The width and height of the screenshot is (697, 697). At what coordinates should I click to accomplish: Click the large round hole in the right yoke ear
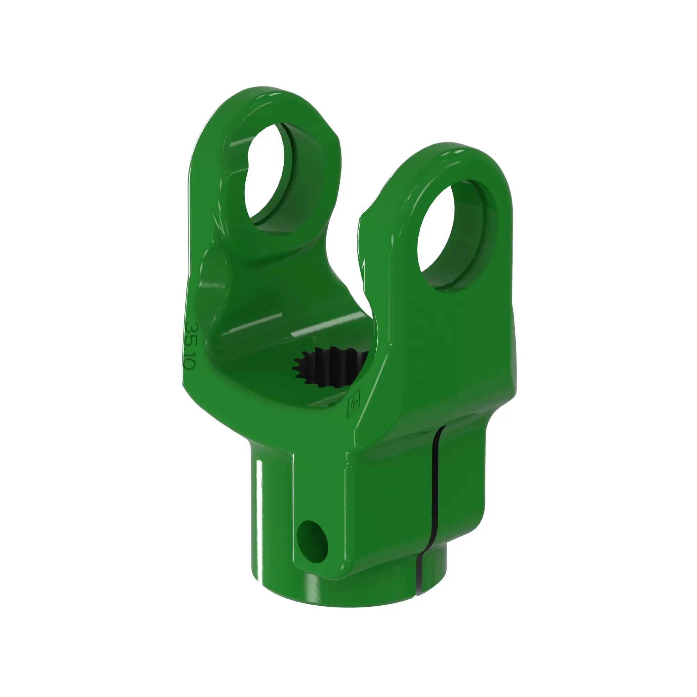pyautogui.click(x=453, y=235)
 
